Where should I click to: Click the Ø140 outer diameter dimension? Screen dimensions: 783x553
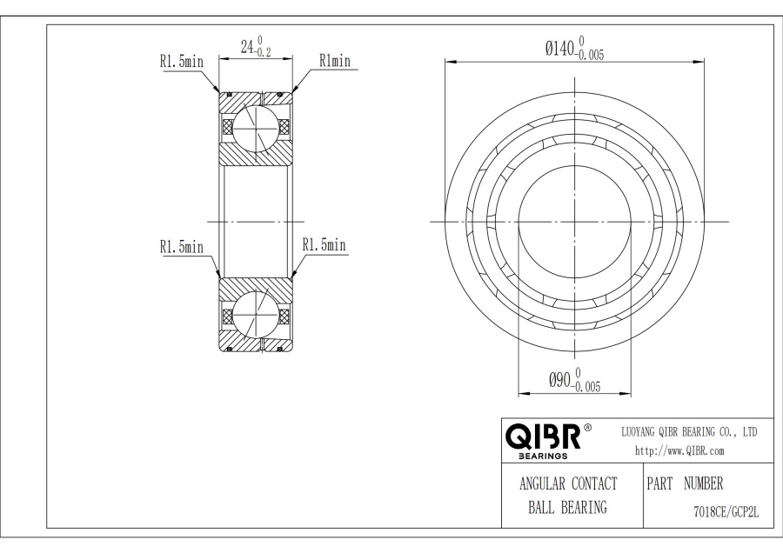click(x=574, y=49)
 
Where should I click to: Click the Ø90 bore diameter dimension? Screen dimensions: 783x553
click(x=574, y=380)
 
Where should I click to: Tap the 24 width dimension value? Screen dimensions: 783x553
click(x=248, y=47)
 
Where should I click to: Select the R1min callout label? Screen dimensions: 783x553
click(x=335, y=61)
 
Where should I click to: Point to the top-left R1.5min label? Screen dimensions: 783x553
click(x=182, y=62)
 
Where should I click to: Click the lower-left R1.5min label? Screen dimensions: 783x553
click(x=182, y=247)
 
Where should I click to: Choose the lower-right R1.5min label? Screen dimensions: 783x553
click(x=325, y=244)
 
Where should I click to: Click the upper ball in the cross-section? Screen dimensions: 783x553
click(x=255, y=128)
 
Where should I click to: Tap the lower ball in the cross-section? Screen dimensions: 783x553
click(x=255, y=316)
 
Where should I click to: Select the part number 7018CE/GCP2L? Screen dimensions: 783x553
click(x=726, y=512)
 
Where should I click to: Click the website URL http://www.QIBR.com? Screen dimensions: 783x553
click(x=679, y=451)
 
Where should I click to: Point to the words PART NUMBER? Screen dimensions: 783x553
click(x=685, y=483)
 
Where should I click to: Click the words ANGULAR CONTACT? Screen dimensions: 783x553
click(x=568, y=483)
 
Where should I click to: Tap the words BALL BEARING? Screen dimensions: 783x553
click(x=568, y=507)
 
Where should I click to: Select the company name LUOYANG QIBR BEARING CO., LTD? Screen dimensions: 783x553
click(x=689, y=432)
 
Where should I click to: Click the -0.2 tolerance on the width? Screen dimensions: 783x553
click(x=262, y=52)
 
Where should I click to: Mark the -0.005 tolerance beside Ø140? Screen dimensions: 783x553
click(x=590, y=55)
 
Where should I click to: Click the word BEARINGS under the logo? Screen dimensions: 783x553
click(x=543, y=456)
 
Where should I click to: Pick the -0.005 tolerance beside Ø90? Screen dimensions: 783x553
click(x=586, y=387)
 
